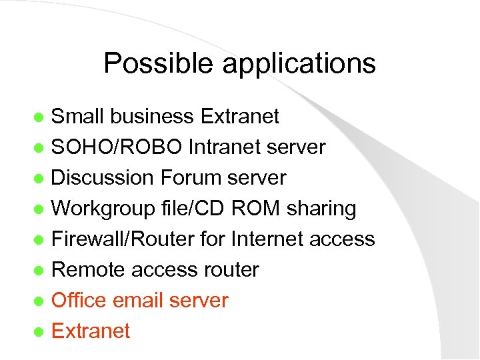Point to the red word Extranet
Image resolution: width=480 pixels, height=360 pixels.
pyautogui.click(x=91, y=331)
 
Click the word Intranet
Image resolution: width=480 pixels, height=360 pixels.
pyautogui.click(x=223, y=147)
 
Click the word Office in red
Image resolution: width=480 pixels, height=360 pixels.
pyautogui.click(x=79, y=301)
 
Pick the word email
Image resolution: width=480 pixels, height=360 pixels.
pyautogui.click(x=137, y=301)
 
